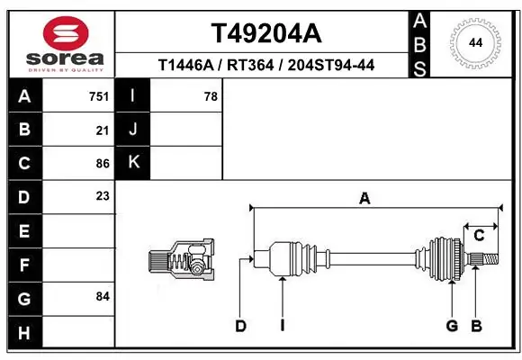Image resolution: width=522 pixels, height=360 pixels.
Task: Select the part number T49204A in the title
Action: point(265,33)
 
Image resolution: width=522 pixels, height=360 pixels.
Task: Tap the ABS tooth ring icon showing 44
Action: point(472,42)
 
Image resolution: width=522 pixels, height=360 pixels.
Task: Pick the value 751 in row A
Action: point(99,96)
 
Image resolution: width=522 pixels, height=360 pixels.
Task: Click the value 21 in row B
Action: point(103,130)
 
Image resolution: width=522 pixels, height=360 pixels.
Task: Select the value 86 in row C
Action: point(103,163)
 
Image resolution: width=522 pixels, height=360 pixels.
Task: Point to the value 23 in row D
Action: point(103,196)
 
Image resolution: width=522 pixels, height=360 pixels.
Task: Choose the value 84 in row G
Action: point(103,296)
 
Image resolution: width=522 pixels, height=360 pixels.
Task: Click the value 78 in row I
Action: point(211,96)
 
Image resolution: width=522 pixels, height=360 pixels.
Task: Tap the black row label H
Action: point(24,333)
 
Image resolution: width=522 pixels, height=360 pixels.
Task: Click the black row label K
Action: point(133,163)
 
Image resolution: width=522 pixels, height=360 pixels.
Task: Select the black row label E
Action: point(24,231)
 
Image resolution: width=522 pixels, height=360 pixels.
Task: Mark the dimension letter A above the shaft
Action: point(364,199)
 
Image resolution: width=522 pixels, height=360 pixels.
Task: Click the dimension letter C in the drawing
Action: point(479,236)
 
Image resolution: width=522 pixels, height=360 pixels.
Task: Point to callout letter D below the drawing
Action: point(240,326)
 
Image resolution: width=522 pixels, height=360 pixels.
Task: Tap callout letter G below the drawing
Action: point(452,326)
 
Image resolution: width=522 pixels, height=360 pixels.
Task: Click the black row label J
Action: point(133,130)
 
